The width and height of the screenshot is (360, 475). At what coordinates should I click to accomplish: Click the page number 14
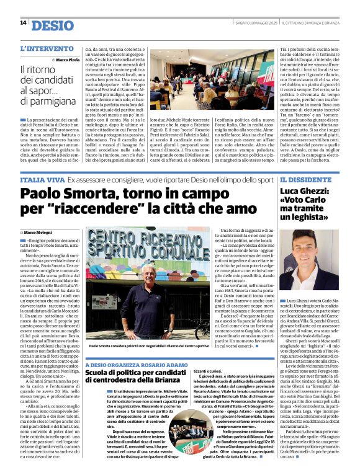[x=23, y=23]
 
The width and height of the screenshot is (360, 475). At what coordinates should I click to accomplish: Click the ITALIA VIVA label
[x=41, y=179]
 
